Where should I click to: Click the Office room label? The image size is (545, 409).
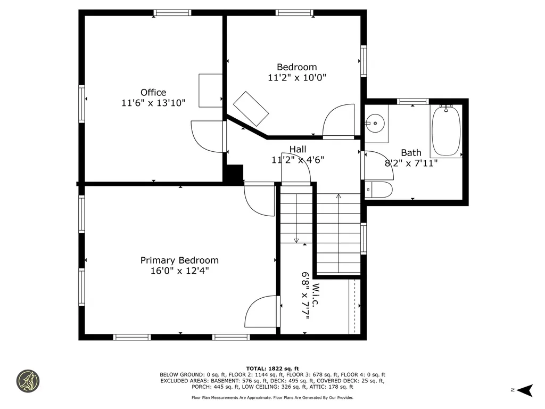click(153, 93)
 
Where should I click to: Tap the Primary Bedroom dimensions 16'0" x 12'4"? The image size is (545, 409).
click(179, 271)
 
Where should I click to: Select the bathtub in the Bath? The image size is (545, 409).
click(447, 131)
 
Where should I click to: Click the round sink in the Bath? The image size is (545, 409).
click(375, 123)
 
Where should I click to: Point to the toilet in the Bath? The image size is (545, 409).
click(378, 190)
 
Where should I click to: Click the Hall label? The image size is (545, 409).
click(298, 149)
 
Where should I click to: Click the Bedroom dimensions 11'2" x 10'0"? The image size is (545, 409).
click(297, 77)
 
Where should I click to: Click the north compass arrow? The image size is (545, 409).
click(525, 390)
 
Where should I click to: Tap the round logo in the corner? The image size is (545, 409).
click(28, 381)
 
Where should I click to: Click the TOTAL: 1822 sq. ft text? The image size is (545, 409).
click(272, 369)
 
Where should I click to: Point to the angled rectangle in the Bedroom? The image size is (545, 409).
click(251, 109)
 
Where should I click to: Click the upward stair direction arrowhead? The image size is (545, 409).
click(338, 196)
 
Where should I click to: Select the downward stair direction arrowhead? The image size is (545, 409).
click(296, 240)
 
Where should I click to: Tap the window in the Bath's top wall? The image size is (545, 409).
click(413, 102)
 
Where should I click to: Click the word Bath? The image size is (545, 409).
click(411, 153)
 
